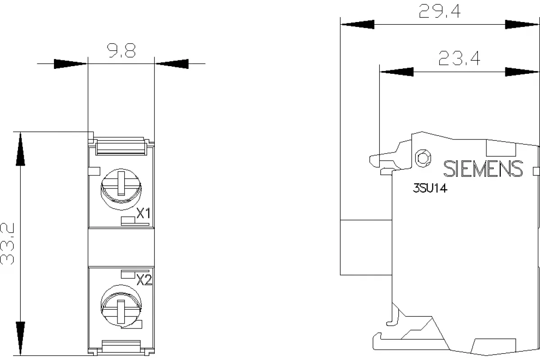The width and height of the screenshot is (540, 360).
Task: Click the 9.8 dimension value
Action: point(121,51)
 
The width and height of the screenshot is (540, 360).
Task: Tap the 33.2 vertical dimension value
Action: point(7,243)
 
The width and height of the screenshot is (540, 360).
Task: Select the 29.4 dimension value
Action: point(440,11)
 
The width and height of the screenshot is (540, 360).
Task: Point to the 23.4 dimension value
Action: point(459,58)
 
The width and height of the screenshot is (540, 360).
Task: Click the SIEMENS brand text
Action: point(483,169)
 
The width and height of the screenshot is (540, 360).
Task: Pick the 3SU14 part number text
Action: point(430,188)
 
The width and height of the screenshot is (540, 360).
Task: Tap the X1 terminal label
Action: point(144,213)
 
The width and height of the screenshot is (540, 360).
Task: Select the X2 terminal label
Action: point(144,280)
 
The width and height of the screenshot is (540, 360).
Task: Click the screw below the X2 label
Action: point(121,306)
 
